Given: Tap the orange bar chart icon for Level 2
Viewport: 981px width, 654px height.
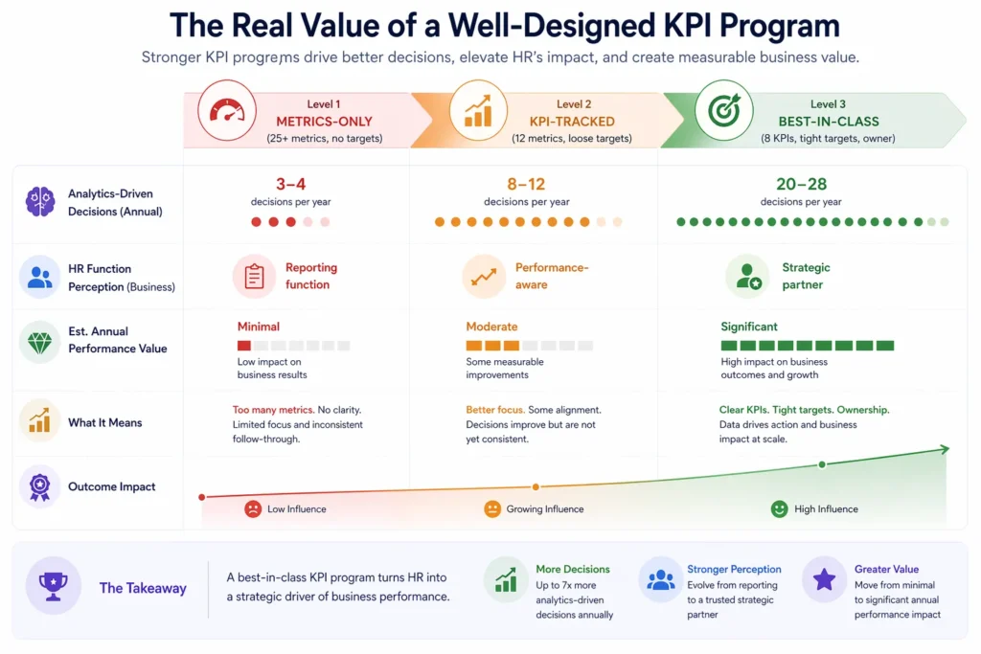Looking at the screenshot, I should coord(477,111).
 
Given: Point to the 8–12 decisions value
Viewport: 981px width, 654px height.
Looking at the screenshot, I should coord(526,184).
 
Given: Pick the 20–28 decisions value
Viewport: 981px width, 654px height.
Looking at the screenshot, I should coord(801,184).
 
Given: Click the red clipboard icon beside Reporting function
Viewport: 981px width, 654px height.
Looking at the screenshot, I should coord(254,277).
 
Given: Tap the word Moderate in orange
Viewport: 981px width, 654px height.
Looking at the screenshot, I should coord(491,327).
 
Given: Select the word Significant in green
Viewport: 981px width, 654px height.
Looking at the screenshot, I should coord(749,327).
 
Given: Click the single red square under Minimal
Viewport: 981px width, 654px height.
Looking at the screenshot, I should coord(244,346).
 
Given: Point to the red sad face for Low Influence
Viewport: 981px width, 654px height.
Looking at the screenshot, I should coord(253,508).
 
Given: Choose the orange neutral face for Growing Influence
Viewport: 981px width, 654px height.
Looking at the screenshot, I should coord(492,508).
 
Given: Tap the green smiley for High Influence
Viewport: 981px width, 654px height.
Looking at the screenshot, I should coord(780,508).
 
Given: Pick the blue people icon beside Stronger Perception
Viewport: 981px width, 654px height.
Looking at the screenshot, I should coord(661,580).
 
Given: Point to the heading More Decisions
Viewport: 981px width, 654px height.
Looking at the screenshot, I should coord(573,569).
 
